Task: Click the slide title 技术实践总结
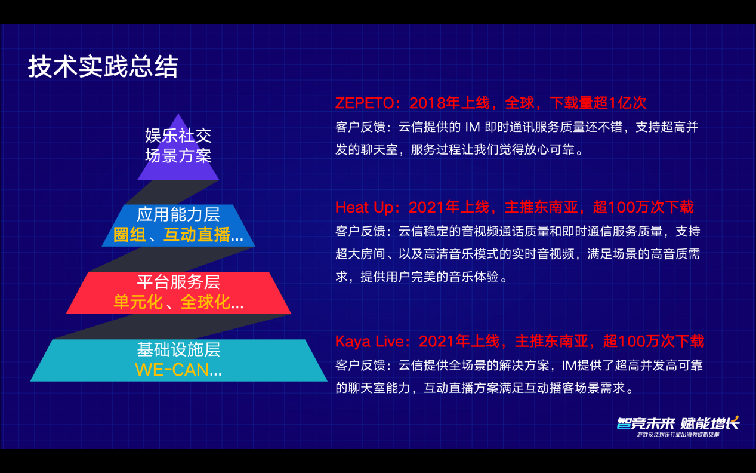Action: [x=103, y=66]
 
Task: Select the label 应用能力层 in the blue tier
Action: [x=178, y=214]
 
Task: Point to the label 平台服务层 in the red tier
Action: [x=178, y=282]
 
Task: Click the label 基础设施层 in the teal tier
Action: [x=178, y=349]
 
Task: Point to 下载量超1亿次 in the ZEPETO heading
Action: [x=598, y=103]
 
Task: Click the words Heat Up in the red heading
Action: [x=365, y=207]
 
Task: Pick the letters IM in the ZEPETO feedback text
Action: [x=473, y=127]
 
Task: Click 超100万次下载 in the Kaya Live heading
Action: [x=653, y=341]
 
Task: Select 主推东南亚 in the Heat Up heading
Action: [x=541, y=207]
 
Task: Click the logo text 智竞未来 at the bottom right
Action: [x=645, y=423]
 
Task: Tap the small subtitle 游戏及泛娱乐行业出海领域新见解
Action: [x=678, y=435]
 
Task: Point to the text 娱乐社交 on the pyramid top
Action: [x=178, y=136]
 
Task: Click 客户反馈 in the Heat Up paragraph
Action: [x=360, y=232]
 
